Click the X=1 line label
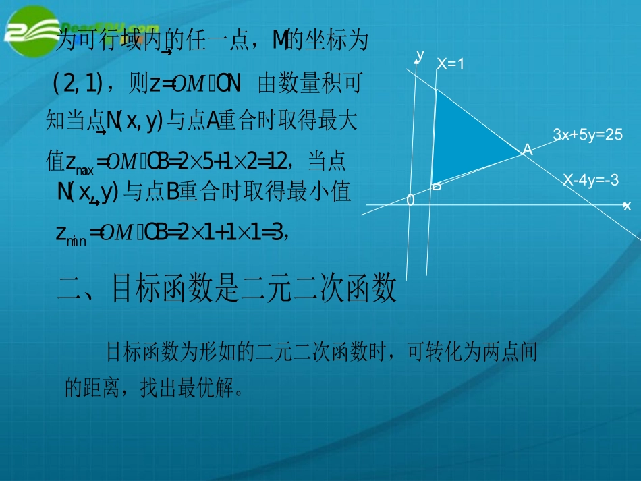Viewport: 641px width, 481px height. [x=451, y=64]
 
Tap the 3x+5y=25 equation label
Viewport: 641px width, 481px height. [x=587, y=135]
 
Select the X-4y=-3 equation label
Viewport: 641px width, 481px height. [x=591, y=180]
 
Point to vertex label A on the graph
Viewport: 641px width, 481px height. [x=528, y=150]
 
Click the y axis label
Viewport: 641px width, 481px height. [x=420, y=54]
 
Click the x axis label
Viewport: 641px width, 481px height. [x=627, y=206]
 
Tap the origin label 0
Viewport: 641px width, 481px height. [x=410, y=200]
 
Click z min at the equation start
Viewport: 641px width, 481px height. [x=71, y=234]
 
